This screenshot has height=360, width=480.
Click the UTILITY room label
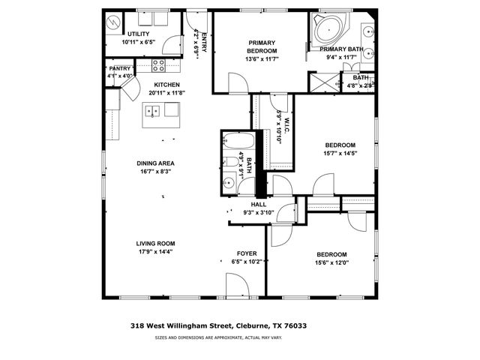[x=137, y=34]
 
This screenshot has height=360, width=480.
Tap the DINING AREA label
[x=155, y=163]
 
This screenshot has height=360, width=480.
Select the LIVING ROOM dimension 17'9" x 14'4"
[x=155, y=251]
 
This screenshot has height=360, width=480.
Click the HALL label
[x=259, y=204]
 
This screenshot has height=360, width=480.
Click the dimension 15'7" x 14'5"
[x=340, y=154]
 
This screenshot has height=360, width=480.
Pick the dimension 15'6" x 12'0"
[x=331, y=262]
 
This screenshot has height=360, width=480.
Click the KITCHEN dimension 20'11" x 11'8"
[x=166, y=93]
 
